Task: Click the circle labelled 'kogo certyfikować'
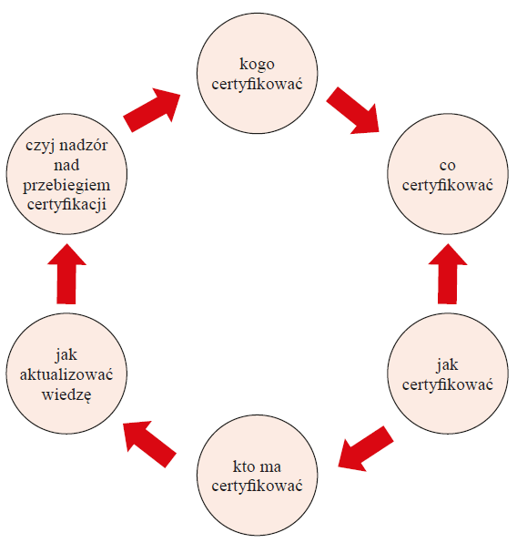pyautogui.click(x=257, y=74)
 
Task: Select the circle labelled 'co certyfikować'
pyautogui.click(x=448, y=174)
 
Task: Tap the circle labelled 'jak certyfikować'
pyautogui.click(x=448, y=374)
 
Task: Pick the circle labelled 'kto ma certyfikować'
pyautogui.click(x=257, y=475)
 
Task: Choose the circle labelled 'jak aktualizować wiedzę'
pyautogui.click(x=66, y=374)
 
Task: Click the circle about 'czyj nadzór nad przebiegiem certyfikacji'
pyautogui.click(x=66, y=174)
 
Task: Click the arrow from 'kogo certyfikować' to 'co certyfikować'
pyautogui.click(x=352, y=111)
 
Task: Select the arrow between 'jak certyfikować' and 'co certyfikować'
pyautogui.click(x=448, y=273)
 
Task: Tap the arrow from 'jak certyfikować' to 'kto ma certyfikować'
pyautogui.click(x=366, y=448)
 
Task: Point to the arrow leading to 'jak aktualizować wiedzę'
pyautogui.click(x=149, y=444)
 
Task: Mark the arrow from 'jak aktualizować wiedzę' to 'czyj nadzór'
pyautogui.click(x=66, y=273)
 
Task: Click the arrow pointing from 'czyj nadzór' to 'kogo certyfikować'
pyautogui.click(x=152, y=110)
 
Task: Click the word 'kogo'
pyautogui.click(x=257, y=65)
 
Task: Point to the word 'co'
pyautogui.click(x=448, y=166)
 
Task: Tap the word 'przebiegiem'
pyautogui.click(x=66, y=186)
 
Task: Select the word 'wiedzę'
pyautogui.click(x=66, y=394)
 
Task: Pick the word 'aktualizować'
pyautogui.click(x=66, y=374)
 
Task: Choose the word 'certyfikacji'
pyautogui.click(x=66, y=205)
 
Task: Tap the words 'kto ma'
pyautogui.click(x=257, y=466)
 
